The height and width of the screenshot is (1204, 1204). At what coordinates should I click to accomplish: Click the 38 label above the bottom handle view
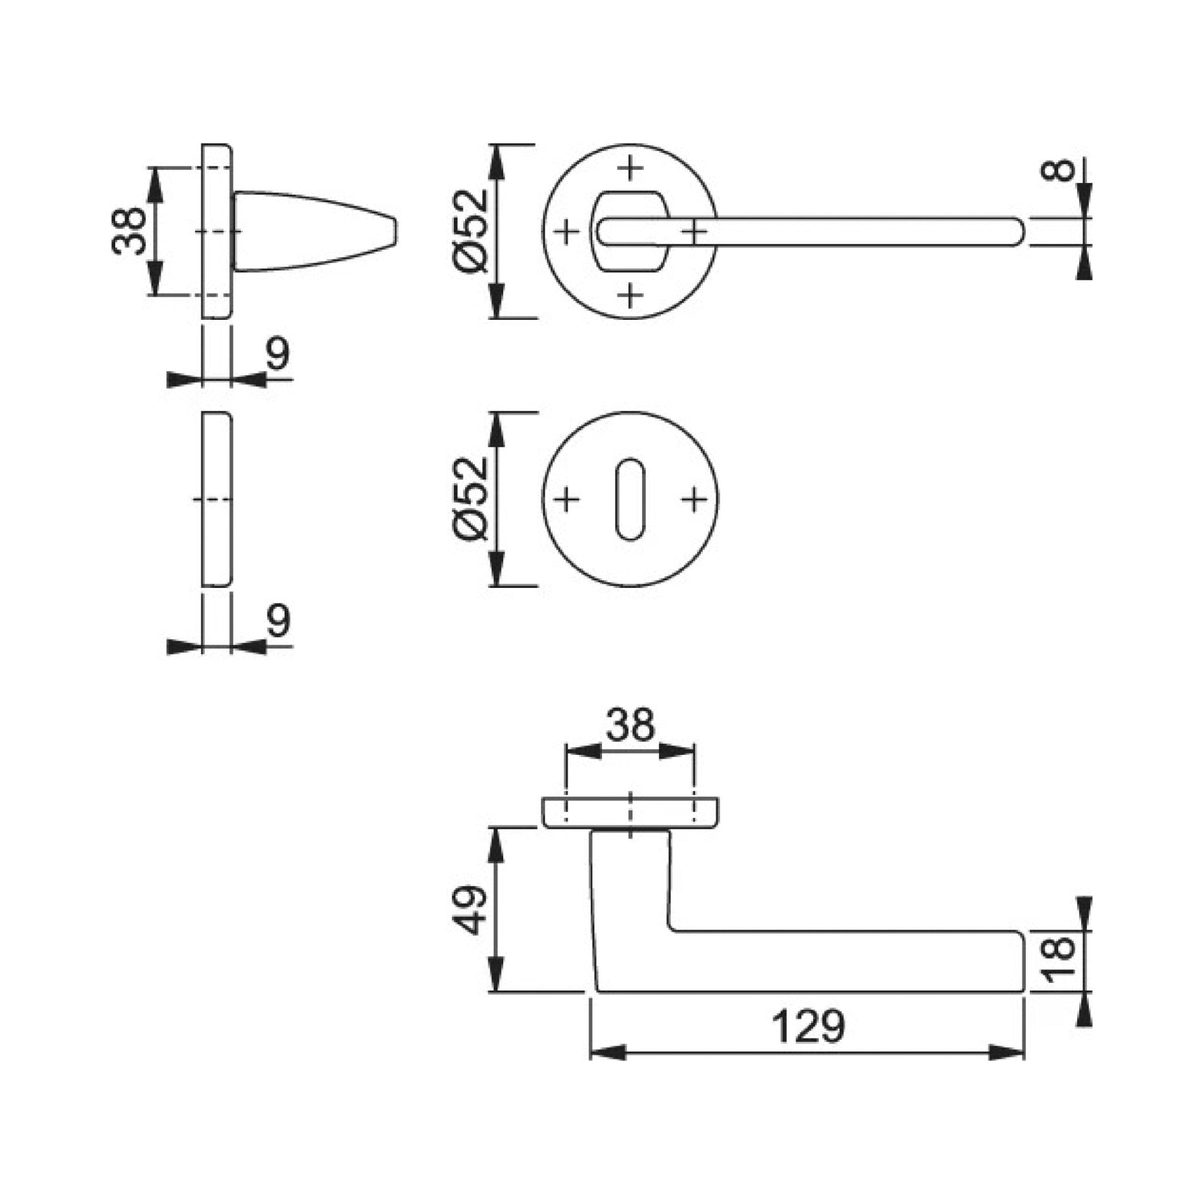tap(631, 724)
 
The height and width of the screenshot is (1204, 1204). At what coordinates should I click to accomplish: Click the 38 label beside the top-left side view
tap(128, 231)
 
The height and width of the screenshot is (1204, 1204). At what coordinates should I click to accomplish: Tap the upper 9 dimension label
tap(279, 354)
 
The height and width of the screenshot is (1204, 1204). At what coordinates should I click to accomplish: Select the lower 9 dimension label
tap(279, 621)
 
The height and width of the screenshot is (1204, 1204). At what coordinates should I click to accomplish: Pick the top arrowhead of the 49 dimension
tap(496, 845)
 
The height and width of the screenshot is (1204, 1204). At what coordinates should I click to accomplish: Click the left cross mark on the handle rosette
tap(567, 232)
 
